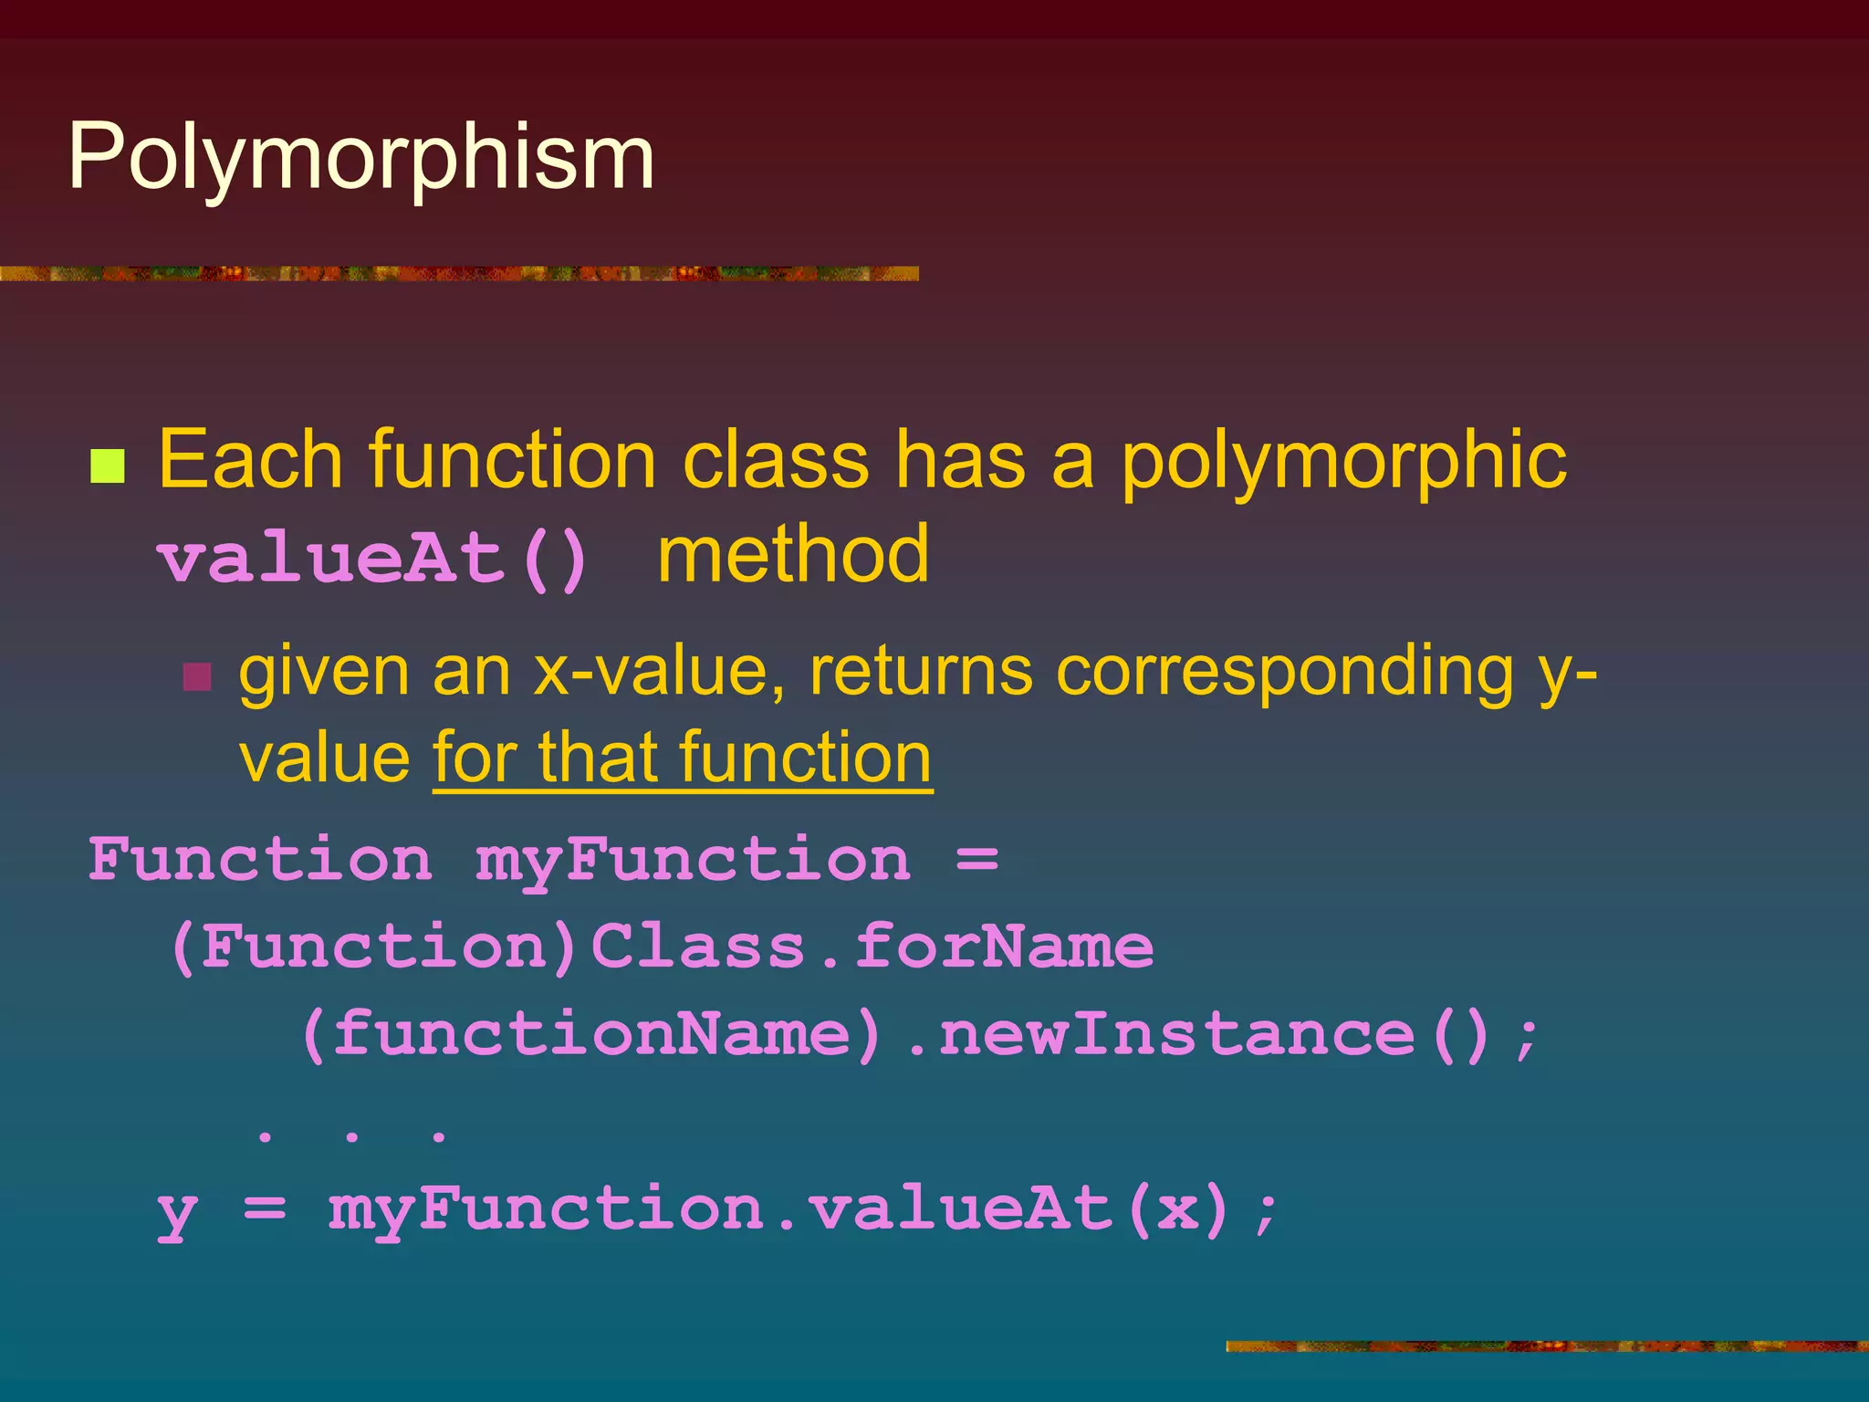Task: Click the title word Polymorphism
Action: click(x=361, y=158)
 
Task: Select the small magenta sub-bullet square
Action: click(x=197, y=677)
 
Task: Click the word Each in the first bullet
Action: click(x=250, y=460)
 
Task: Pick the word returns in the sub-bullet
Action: click(x=922, y=672)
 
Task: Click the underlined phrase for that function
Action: click(x=683, y=758)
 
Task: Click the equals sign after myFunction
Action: click(x=976, y=860)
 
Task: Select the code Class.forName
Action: click(x=872, y=947)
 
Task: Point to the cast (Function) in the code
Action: click(x=374, y=947)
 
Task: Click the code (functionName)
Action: click(x=591, y=1034)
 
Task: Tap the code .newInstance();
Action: click(x=1223, y=1034)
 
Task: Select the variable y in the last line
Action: click(x=177, y=1211)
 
